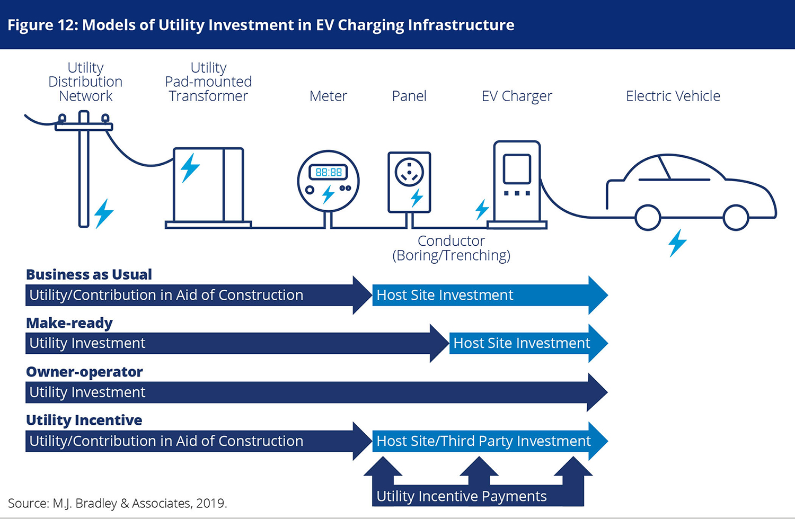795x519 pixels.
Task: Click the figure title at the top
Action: click(x=261, y=25)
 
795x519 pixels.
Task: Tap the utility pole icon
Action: click(x=84, y=169)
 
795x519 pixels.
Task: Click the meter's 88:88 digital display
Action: click(x=328, y=173)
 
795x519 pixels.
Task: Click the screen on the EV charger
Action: click(x=517, y=169)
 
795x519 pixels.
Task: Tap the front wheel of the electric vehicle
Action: click(x=736, y=218)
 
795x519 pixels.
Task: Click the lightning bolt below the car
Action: click(x=677, y=243)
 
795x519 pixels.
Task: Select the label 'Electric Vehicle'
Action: click(x=673, y=96)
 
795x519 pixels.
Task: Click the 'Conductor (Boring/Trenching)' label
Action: click(x=451, y=248)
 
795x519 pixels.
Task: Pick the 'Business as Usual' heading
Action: click(x=89, y=274)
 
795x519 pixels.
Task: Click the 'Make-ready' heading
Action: click(x=69, y=323)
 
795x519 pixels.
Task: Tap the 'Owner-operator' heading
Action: click(x=84, y=372)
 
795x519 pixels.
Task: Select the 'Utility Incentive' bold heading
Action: click(x=84, y=420)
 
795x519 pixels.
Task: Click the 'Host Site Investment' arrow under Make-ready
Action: click(x=528, y=343)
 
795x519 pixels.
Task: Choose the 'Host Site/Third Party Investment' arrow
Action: click(x=490, y=441)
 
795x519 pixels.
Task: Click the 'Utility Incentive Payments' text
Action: click(x=462, y=496)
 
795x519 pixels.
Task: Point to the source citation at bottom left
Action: click(x=118, y=504)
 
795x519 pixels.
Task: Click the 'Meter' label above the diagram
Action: click(x=328, y=96)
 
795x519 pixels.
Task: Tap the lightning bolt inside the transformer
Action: click(x=190, y=168)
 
